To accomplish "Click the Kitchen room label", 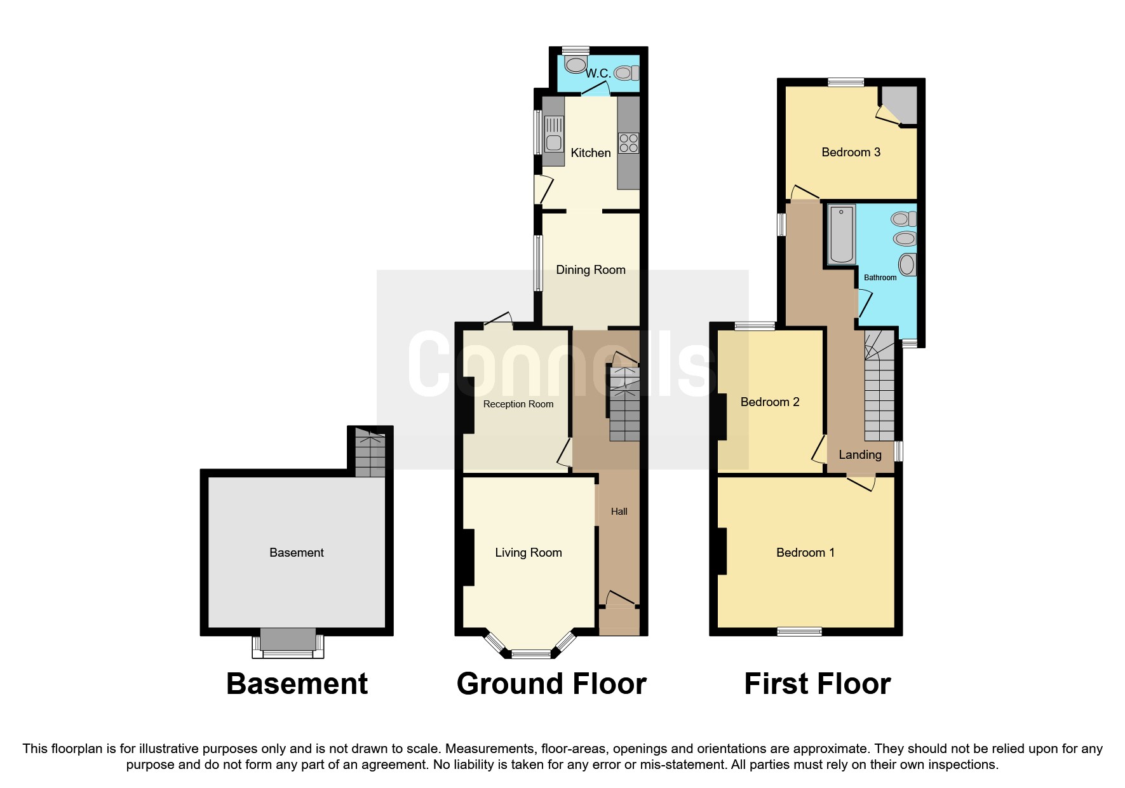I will (591, 153).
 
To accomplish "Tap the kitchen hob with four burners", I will (629, 143).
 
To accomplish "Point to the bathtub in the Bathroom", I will (842, 234).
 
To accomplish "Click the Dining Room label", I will (591, 270).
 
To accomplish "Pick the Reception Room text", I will (518, 404).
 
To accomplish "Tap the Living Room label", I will (529, 553).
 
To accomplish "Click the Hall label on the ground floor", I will (619, 512).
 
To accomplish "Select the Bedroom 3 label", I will (851, 153).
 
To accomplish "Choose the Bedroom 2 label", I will (770, 402).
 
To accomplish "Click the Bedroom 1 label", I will (805, 553).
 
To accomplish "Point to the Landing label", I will (860, 455).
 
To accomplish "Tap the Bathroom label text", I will (880, 278).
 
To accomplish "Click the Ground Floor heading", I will (551, 684).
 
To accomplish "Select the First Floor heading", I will (817, 684).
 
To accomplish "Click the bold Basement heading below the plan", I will (297, 684).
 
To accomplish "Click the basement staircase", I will (370, 453).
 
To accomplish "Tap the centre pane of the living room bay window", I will (532, 654).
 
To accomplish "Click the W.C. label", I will (598, 74).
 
